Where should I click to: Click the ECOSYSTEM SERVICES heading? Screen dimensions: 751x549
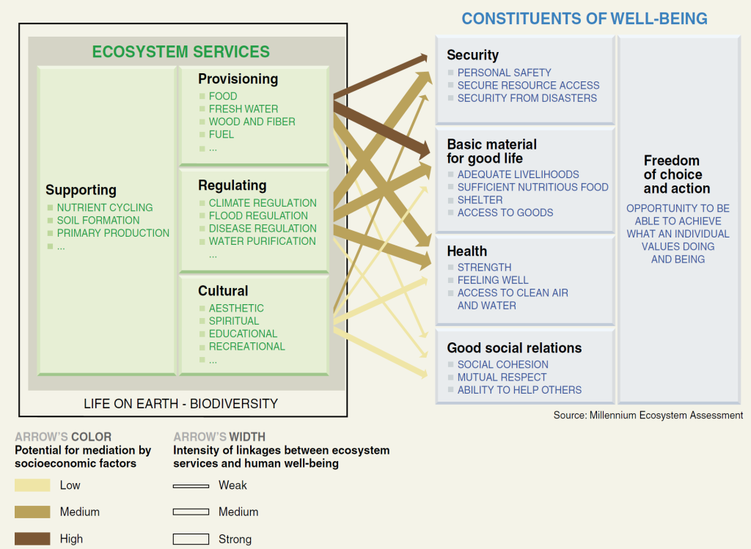click(181, 52)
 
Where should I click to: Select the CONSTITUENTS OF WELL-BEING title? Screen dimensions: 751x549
click(585, 18)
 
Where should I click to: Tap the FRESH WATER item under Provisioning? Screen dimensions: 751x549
click(243, 109)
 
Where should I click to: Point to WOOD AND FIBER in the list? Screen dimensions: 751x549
click(252, 122)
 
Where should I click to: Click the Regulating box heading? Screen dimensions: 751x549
click(232, 185)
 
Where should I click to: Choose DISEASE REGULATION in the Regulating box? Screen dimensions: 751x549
click(263, 228)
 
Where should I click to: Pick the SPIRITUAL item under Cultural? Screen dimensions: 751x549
click(234, 321)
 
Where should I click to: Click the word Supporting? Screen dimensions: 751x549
click(81, 191)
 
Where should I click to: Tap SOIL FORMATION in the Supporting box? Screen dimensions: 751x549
click(98, 220)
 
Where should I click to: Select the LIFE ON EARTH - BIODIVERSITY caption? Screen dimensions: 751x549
click(180, 404)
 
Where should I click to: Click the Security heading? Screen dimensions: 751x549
click(473, 55)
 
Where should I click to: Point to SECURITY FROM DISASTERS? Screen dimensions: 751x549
click(527, 98)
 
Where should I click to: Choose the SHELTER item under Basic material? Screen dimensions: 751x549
click(480, 200)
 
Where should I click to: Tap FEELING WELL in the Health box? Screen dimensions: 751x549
click(493, 280)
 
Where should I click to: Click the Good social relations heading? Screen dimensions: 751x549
click(514, 348)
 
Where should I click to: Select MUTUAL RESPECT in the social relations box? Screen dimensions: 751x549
click(502, 377)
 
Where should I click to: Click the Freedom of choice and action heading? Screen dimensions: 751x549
click(676, 174)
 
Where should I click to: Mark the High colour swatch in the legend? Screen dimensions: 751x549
click(32, 539)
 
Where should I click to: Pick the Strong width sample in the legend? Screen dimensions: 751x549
click(191, 539)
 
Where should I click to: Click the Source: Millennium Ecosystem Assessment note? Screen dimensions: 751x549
click(648, 416)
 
